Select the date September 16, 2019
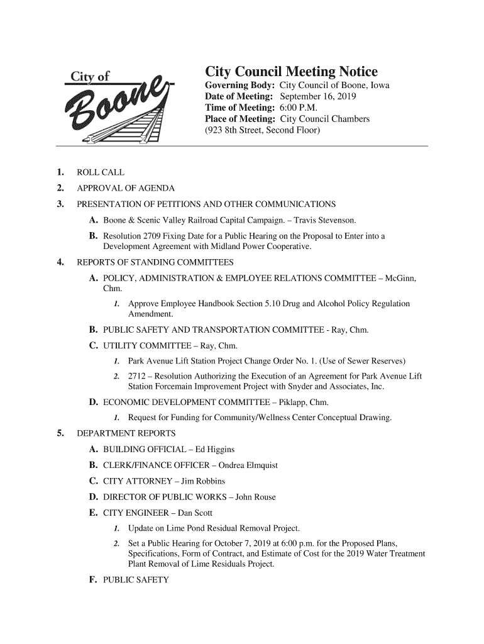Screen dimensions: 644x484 (x=318, y=96)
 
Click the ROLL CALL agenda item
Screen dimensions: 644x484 (x=100, y=172)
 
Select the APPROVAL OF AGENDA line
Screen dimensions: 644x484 (x=126, y=189)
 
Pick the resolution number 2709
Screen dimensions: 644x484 (x=154, y=236)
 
